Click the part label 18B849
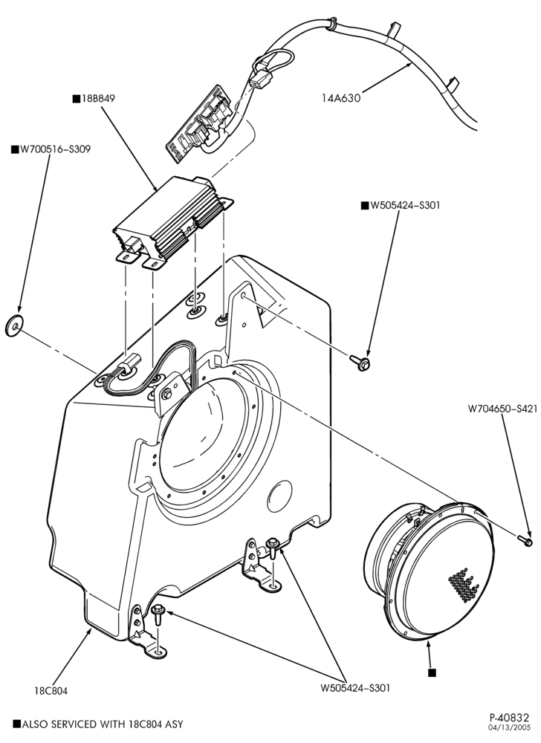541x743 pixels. pos(98,99)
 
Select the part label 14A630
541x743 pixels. pos(341,98)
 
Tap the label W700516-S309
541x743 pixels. pos(54,149)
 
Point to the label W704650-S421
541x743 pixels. pos(502,408)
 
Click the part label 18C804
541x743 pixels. pos(51,691)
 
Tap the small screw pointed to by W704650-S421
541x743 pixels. pos(525,539)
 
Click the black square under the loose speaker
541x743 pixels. pos(432,672)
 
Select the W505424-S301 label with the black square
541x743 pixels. pos(401,205)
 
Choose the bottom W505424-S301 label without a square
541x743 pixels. pos(355,687)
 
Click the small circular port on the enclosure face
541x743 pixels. pos(280,496)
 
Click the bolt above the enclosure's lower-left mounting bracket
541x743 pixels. pos(158,614)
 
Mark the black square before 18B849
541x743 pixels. pos(76,99)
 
